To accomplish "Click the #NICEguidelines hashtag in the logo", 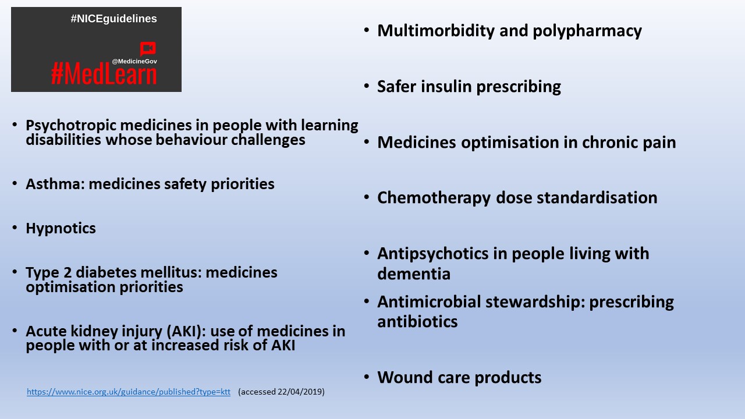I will tap(113, 19).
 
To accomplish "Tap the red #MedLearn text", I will tap(104, 74).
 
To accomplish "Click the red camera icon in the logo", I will tap(148, 49).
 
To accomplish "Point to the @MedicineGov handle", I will tap(134, 61).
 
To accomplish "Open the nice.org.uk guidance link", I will tap(129, 392).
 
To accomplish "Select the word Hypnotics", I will tap(61, 228).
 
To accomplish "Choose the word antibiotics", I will tap(417, 322).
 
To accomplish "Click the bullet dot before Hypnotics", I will tap(15, 228).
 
